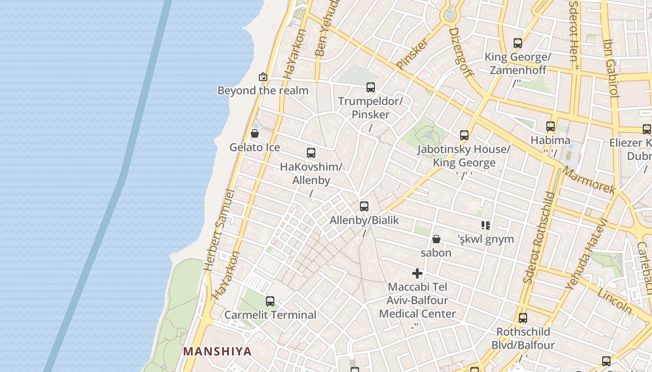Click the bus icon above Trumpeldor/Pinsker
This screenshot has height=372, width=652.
click(371, 87)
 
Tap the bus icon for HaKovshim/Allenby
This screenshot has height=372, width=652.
click(311, 153)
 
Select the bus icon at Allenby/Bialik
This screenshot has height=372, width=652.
click(364, 206)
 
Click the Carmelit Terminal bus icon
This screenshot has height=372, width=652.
click(270, 301)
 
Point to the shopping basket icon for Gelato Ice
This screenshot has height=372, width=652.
click(255, 133)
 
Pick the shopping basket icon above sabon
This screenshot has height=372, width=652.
click(436, 239)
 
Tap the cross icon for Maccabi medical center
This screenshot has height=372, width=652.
click(417, 273)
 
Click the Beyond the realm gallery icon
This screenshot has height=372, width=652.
click(263, 77)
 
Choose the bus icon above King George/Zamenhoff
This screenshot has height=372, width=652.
click(518, 43)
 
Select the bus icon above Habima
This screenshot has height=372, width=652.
click(550, 126)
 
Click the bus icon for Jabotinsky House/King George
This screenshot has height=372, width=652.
click(464, 135)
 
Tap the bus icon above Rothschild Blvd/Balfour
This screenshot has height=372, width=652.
click(523, 318)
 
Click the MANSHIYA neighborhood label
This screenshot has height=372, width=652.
click(217, 351)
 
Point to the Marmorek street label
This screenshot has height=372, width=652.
click(589, 180)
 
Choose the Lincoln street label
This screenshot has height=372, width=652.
click(615, 301)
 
